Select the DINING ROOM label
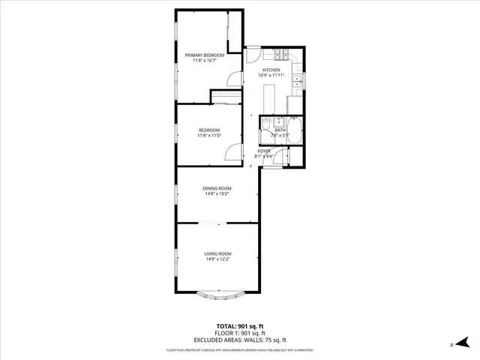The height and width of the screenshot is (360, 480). (217, 188)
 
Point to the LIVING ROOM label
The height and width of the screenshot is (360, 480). (217, 253)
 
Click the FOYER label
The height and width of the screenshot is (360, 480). (264, 151)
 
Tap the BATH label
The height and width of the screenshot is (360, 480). (280, 130)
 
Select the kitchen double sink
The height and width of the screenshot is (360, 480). (297, 82)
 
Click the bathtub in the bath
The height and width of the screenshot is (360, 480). (295, 132)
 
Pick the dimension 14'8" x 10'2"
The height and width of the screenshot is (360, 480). (217, 194)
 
